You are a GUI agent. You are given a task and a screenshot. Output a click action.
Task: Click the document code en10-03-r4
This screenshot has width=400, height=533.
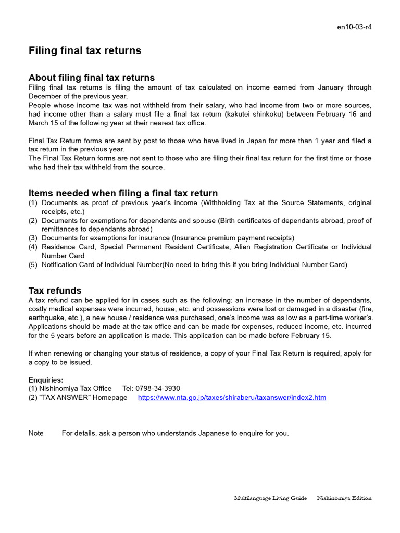[x=355, y=27]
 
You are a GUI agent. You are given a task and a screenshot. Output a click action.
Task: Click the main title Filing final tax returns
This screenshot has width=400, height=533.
[x=84, y=50]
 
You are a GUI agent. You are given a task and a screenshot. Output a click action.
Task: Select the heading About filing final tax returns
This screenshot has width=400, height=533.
[x=91, y=78]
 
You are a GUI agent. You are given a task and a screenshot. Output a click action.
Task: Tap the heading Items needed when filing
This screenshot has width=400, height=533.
[x=123, y=193]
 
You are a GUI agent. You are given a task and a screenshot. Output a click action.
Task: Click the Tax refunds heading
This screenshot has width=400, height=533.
[x=55, y=290]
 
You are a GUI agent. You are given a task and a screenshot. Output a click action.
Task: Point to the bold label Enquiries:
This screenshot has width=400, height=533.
[x=46, y=380]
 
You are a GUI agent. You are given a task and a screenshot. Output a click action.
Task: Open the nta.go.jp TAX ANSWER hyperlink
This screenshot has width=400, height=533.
[x=232, y=398]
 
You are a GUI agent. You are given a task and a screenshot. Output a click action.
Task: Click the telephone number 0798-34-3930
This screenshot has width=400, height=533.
[x=158, y=389]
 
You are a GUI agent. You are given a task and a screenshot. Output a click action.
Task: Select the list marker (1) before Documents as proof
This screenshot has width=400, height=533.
[x=33, y=203]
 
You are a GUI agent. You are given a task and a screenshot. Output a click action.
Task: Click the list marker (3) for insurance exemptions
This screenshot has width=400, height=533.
[x=33, y=238]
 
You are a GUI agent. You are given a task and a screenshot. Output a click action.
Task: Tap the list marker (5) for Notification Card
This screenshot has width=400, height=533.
[x=33, y=264]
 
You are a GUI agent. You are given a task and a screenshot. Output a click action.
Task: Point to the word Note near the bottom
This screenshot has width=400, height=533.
[x=36, y=433]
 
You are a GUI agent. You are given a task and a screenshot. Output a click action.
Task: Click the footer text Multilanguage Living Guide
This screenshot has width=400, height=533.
[x=270, y=498]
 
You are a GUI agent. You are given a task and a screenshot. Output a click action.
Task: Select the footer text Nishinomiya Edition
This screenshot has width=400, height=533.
[x=344, y=498]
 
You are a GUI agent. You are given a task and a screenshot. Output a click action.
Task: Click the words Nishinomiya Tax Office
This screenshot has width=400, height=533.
[x=76, y=389]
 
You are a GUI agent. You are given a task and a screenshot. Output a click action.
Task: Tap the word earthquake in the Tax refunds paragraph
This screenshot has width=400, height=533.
[x=47, y=318]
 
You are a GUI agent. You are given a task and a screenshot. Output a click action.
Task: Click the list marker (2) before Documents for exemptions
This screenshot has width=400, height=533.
[x=33, y=221]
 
